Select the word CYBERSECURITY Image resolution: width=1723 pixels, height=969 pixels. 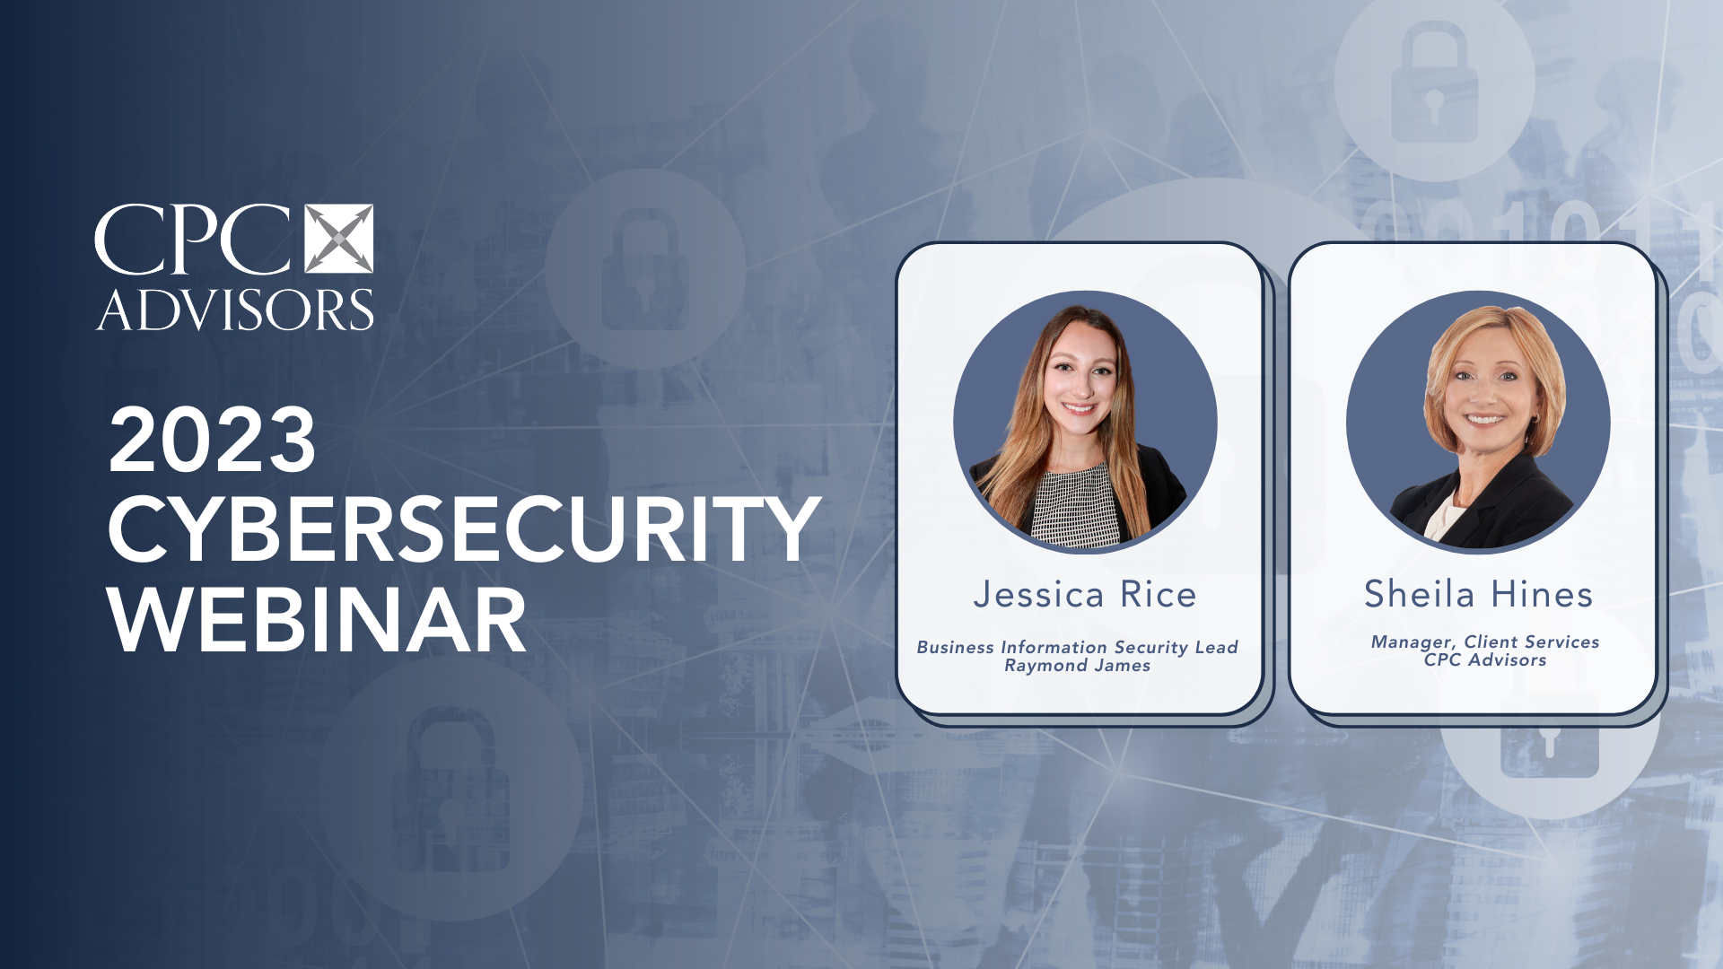tap(463, 529)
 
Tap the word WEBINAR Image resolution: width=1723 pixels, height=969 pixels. tap(317, 620)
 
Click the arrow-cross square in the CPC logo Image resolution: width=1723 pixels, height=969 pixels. tap(339, 239)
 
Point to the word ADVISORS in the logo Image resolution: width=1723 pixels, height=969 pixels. tap(235, 310)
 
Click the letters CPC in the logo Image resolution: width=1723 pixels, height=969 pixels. tap(193, 240)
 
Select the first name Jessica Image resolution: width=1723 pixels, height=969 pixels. tap(1038, 595)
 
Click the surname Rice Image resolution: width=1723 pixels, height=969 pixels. tap(1159, 595)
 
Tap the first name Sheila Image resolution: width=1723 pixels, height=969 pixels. tap(1419, 594)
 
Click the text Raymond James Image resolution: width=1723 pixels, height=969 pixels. tap(1077, 666)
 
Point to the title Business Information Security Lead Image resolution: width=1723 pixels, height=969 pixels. tap(1077, 647)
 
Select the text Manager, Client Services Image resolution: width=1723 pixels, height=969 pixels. tap(1485, 642)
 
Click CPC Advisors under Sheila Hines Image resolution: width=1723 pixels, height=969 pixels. tap(1485, 660)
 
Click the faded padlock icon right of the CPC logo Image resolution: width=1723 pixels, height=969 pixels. tap(645, 269)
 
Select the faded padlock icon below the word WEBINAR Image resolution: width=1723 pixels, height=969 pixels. tap(450, 790)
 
